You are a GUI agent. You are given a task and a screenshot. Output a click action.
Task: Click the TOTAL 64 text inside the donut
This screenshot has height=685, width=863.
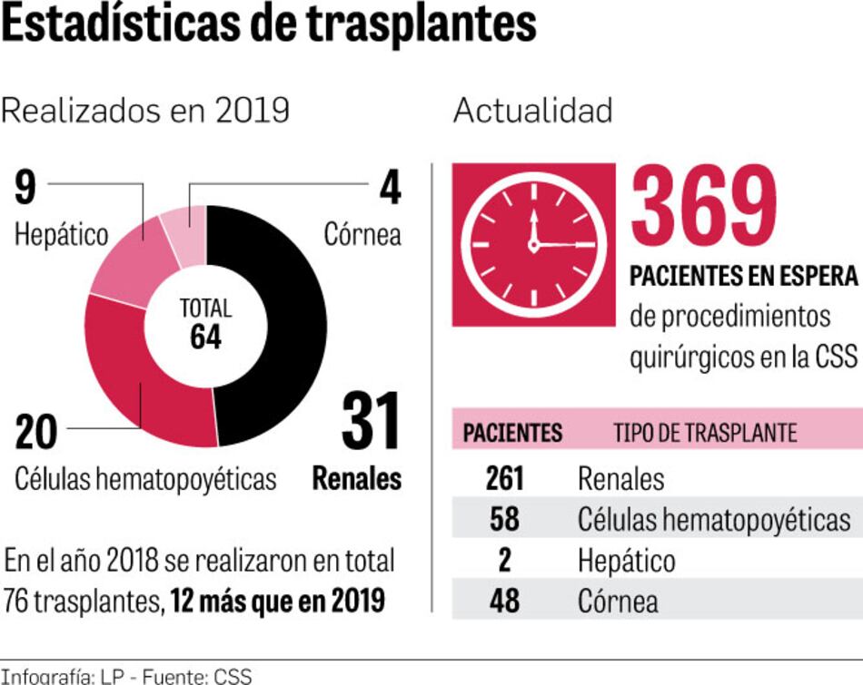tap(206, 323)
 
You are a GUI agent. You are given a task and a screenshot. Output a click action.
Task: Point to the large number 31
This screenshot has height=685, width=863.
tap(371, 422)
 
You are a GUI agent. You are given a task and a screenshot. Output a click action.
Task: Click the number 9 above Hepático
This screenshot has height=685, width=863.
tap(25, 188)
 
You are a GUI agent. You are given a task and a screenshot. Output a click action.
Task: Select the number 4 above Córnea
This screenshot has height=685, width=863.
tap(390, 188)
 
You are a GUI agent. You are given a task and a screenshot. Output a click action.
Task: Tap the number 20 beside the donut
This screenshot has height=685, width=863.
tap(36, 432)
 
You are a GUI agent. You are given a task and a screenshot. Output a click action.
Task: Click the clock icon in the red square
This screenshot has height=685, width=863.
tap(533, 244)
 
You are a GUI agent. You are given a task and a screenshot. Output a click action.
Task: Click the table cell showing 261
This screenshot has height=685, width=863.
tap(504, 478)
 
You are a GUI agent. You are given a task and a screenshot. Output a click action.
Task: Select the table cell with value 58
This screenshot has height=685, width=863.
tap(504, 519)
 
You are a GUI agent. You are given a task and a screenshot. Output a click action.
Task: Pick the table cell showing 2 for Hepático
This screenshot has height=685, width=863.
tap(504, 560)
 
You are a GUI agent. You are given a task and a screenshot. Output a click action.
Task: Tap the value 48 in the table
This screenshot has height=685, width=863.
tap(504, 601)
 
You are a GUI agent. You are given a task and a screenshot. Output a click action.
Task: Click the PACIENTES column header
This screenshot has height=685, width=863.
tap(512, 433)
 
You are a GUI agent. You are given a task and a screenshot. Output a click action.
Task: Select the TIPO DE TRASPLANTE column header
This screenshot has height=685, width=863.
tap(705, 433)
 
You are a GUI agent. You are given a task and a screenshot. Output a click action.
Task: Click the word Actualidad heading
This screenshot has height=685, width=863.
tap(532, 111)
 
